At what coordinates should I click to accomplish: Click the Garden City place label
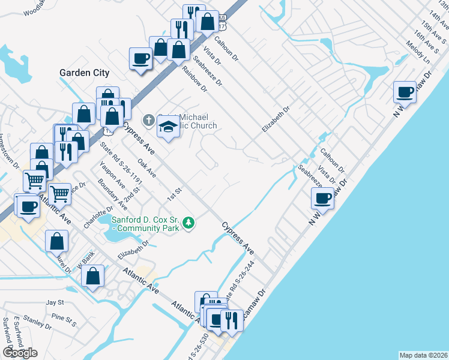click(x=85, y=73)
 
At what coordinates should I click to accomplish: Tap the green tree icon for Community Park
click(x=189, y=223)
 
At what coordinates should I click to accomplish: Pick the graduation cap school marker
click(x=169, y=127)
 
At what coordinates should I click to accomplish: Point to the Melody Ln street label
click(x=418, y=53)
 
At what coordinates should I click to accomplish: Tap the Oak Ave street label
click(x=146, y=168)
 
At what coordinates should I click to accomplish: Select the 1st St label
click(x=174, y=193)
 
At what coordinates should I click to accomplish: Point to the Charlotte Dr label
click(x=98, y=217)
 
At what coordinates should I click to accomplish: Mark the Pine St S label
click(x=63, y=319)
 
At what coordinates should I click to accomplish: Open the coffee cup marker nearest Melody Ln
click(x=405, y=92)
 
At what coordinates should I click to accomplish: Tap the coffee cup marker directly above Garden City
click(x=141, y=59)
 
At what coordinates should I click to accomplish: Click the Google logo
click(x=20, y=353)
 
